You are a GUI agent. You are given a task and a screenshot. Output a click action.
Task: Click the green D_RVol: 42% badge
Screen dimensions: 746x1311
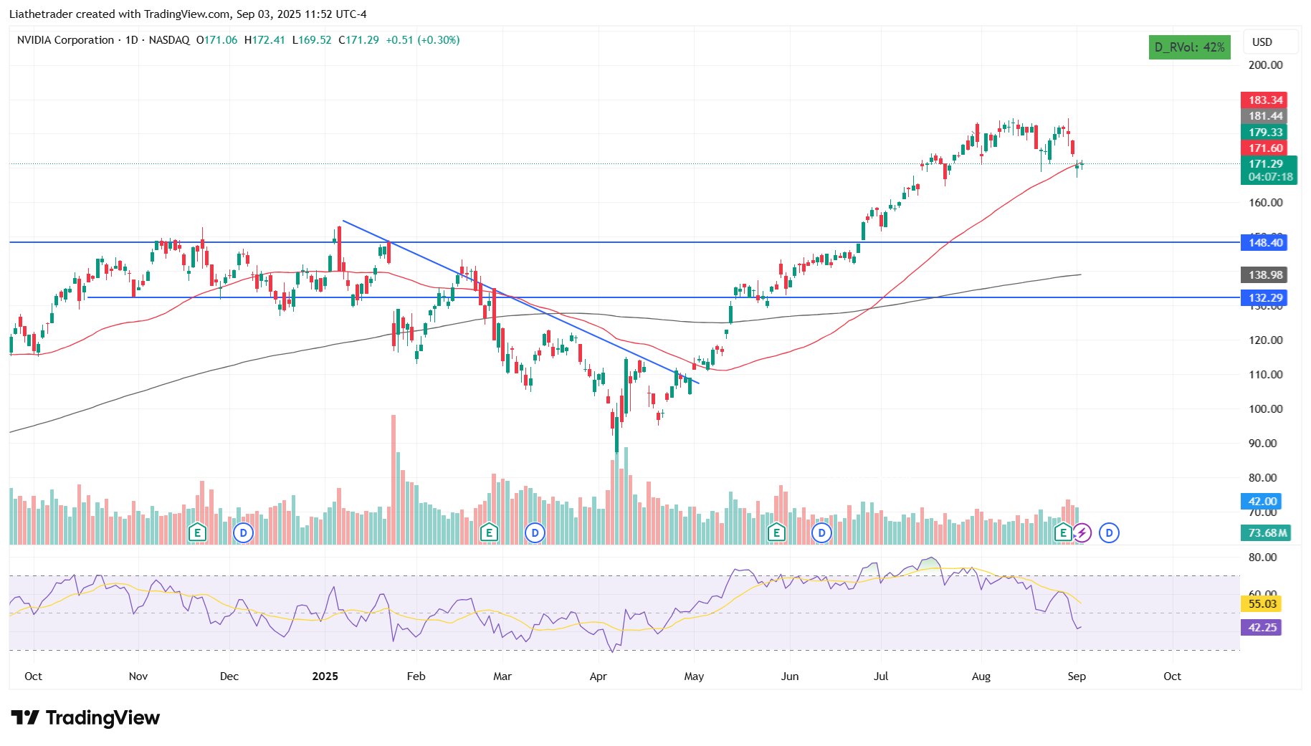pyautogui.click(x=1189, y=47)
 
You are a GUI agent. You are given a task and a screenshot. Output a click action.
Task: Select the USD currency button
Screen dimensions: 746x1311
pyautogui.click(x=1262, y=42)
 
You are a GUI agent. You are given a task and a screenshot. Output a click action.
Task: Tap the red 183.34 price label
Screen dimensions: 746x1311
pyautogui.click(x=1264, y=100)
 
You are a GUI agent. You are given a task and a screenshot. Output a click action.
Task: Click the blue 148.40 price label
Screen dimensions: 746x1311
pyautogui.click(x=1264, y=243)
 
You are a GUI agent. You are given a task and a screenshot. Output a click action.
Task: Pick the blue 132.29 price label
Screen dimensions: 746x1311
pyautogui.click(x=1264, y=298)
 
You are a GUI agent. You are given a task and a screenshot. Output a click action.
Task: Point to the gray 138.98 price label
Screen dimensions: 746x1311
pyautogui.click(x=1264, y=275)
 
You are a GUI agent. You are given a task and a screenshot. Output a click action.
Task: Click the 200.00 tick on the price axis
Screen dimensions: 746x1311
pyautogui.click(x=1265, y=65)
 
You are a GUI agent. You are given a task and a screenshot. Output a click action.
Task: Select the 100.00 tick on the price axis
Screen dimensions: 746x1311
pyautogui.click(x=1265, y=409)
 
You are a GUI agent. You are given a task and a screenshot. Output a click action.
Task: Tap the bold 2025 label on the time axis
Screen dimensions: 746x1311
pyautogui.click(x=325, y=676)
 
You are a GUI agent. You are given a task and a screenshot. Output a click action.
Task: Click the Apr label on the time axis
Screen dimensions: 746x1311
pyautogui.click(x=598, y=676)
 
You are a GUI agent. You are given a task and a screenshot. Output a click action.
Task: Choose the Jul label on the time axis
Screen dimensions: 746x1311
pyautogui.click(x=881, y=676)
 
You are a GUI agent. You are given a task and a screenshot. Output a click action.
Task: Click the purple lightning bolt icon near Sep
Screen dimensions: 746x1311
pyautogui.click(x=1082, y=533)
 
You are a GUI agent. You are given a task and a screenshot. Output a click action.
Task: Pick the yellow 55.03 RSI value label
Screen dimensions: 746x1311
pyautogui.click(x=1262, y=604)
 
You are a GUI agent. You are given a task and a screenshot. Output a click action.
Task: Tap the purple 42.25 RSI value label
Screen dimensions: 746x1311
pyautogui.click(x=1262, y=628)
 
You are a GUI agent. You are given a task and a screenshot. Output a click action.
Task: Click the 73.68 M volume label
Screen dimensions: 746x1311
pyautogui.click(x=1267, y=533)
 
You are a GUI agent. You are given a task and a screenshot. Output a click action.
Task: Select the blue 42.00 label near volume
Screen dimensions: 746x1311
pyautogui.click(x=1262, y=502)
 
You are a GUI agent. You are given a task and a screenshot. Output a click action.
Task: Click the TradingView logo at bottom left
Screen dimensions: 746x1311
pyautogui.click(x=85, y=717)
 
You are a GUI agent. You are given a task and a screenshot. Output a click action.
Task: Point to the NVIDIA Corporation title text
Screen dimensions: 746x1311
pyautogui.click(x=65, y=40)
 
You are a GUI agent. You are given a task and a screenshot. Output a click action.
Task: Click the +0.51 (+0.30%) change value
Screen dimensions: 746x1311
pyautogui.click(x=422, y=40)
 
